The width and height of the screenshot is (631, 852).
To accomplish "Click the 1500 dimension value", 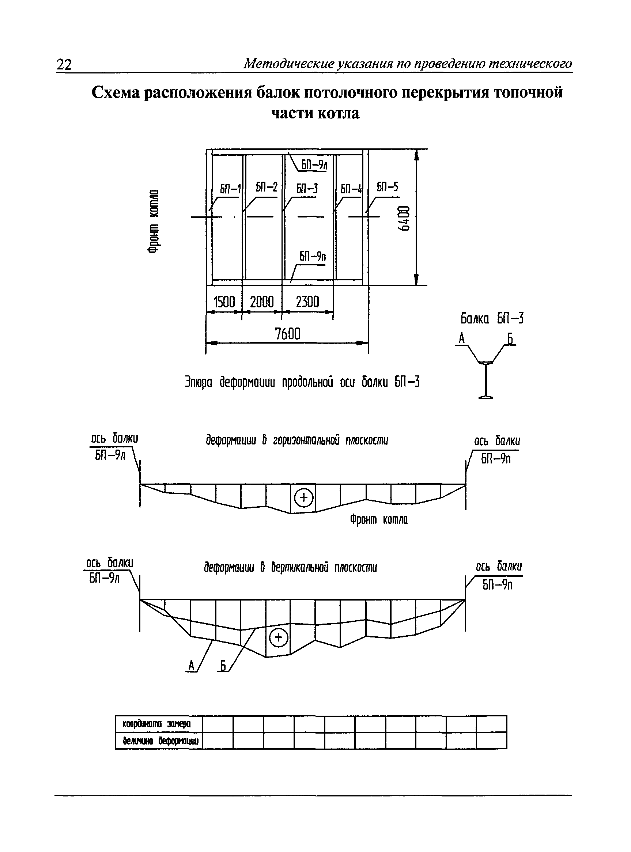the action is [x=224, y=302].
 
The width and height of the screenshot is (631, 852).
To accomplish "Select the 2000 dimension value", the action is [x=262, y=302].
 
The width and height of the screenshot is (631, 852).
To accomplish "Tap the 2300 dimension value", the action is [x=307, y=302].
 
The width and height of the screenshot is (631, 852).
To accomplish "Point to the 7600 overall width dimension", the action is [x=288, y=334].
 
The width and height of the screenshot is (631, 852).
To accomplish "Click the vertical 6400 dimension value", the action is [x=404, y=218].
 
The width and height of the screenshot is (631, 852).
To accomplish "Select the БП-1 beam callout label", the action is [x=230, y=189].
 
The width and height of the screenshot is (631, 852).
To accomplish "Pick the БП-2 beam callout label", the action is [x=267, y=187].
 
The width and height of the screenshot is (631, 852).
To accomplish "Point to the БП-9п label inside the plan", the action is [x=313, y=256].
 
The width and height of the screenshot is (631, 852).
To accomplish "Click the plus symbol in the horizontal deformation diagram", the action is [x=304, y=497].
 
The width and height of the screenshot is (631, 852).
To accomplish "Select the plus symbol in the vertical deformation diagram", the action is [x=279, y=637].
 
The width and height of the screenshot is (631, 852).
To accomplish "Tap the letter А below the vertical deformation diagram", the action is [x=191, y=666].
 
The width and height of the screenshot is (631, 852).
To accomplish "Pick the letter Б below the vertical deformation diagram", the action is [x=223, y=666].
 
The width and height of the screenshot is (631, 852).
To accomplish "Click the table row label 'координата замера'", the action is [x=156, y=724].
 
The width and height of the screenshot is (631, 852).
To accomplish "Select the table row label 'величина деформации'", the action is [x=161, y=741].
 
